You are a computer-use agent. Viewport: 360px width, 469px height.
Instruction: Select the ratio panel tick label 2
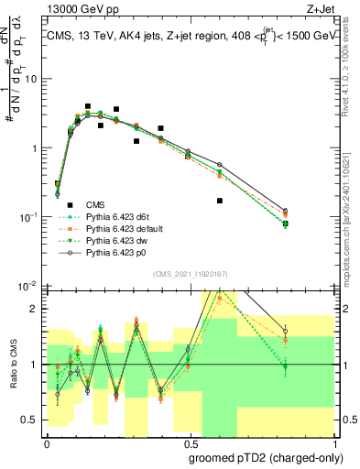pos(34,309)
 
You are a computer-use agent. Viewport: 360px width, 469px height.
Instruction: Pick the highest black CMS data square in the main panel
pos(88,106)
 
